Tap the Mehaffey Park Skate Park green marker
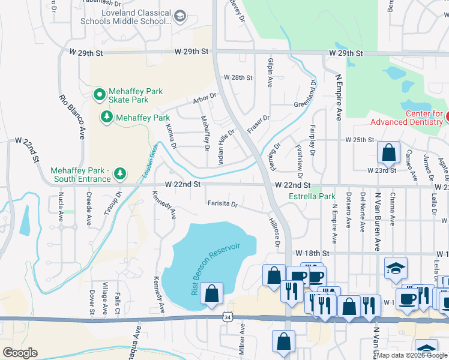point(99,95)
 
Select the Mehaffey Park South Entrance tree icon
point(120,174)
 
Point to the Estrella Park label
point(312,196)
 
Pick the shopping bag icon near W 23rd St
point(388,152)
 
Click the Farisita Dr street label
point(223,204)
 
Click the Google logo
point(20,353)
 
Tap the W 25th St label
point(360,139)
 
